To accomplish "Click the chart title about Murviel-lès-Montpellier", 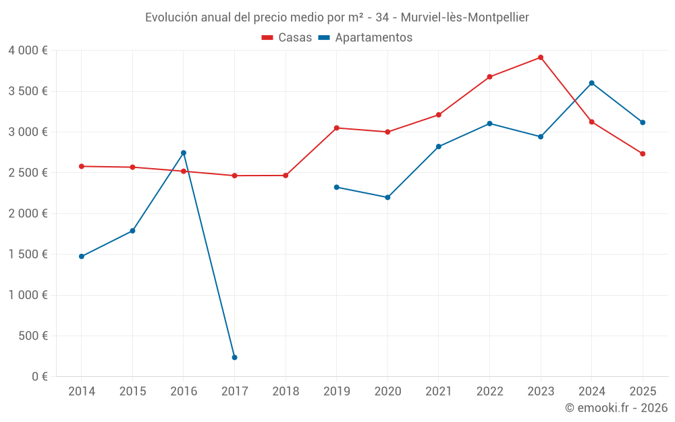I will tap(337, 17).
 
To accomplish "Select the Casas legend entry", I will tap(288, 38).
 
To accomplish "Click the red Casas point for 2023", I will tap(541, 57).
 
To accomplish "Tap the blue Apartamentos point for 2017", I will tap(234, 357).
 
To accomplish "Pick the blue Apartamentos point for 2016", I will tap(184, 153).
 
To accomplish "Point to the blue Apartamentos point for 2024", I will tap(591, 83).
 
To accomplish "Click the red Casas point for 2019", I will tap(336, 128).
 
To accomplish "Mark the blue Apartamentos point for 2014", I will tap(82, 257).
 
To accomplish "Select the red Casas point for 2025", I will tap(643, 154).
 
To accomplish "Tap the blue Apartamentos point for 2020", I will tap(387, 197).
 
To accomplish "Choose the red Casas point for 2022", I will tap(489, 77).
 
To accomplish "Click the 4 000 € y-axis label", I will tap(28, 51).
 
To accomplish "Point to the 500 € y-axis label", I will tap(32, 336).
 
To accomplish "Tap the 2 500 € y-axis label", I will tap(28, 173).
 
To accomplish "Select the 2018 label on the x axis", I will tap(286, 392).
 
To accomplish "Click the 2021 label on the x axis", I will tap(439, 392).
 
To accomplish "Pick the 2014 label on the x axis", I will tap(82, 392).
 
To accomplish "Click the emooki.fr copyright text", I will tap(616, 408).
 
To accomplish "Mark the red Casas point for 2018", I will tap(286, 176).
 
